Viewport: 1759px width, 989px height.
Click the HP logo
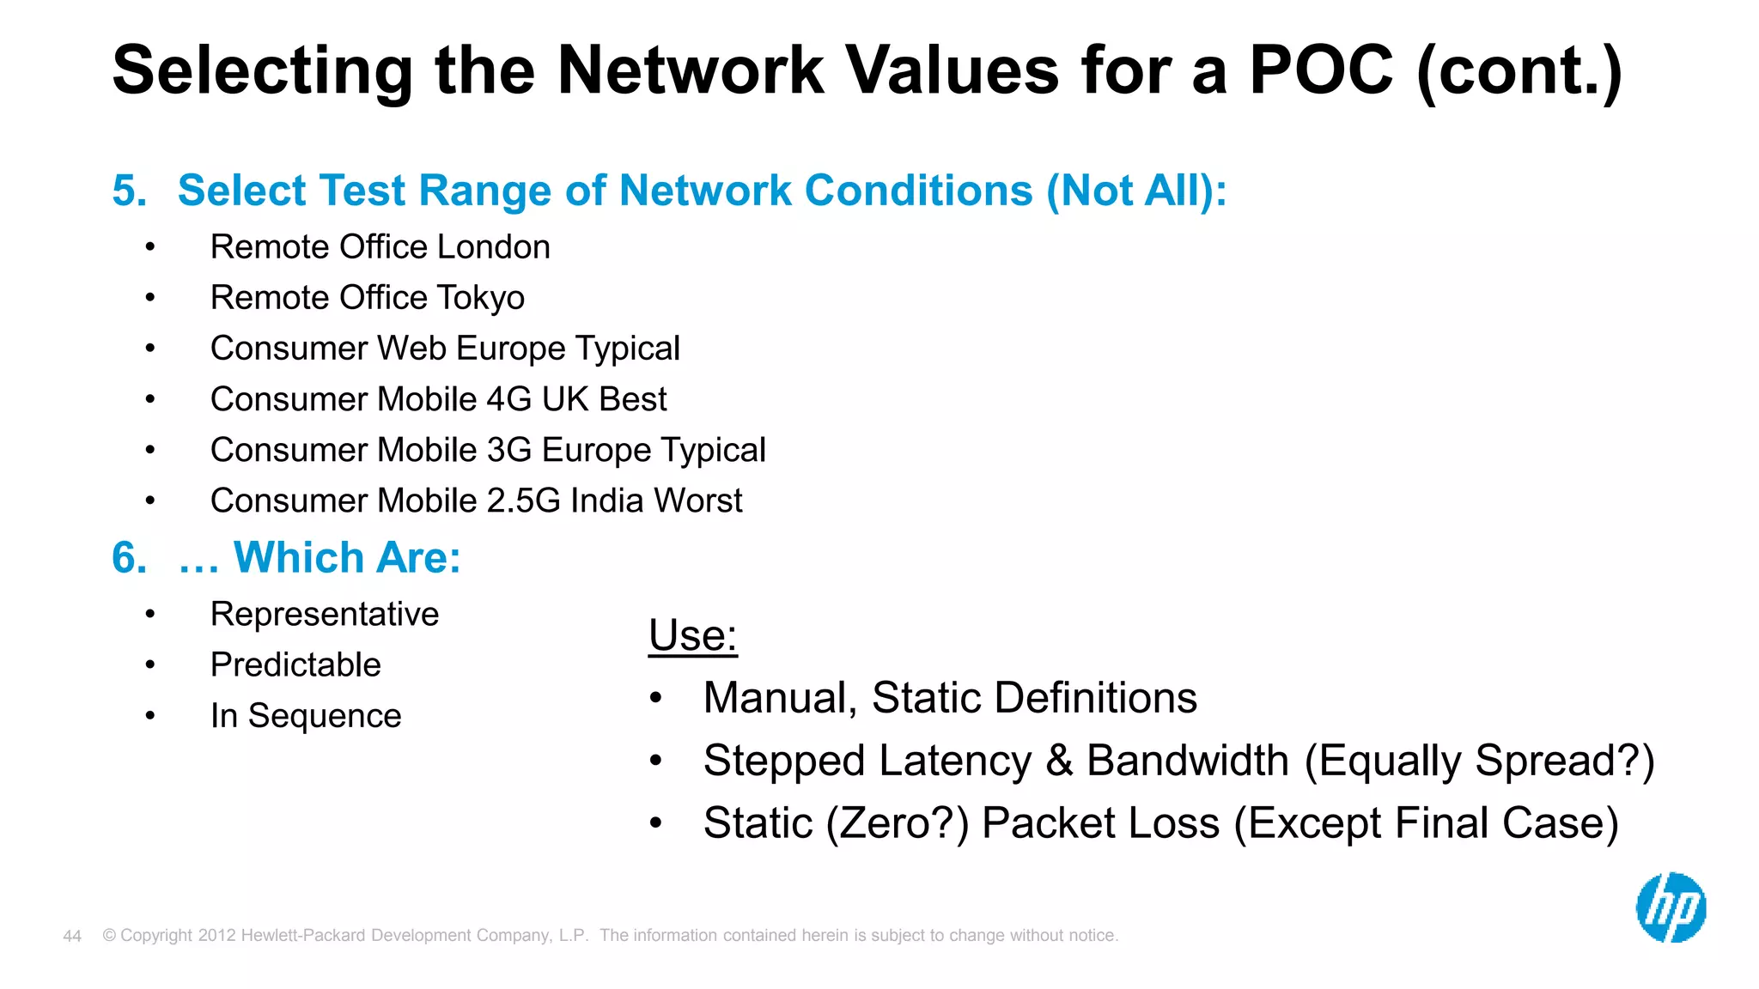[x=1671, y=907]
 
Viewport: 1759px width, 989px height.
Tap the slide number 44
[x=72, y=936]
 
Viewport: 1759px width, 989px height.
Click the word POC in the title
[x=1321, y=70]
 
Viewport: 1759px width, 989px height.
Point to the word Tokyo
[x=480, y=298]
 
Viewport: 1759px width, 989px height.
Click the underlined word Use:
[x=692, y=636]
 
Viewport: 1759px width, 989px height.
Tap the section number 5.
[x=129, y=191]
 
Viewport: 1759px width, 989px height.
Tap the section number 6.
[x=129, y=558]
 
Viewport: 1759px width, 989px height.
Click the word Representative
[x=325, y=615]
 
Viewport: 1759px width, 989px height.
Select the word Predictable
[x=295, y=665]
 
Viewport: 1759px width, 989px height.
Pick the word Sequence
[x=325, y=716]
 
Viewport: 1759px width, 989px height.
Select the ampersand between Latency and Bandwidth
[x=1059, y=761]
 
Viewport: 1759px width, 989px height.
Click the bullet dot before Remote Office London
[x=150, y=248]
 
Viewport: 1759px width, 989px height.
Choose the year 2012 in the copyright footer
[x=216, y=936]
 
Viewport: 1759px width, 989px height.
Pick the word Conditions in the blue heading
[x=912, y=191]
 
